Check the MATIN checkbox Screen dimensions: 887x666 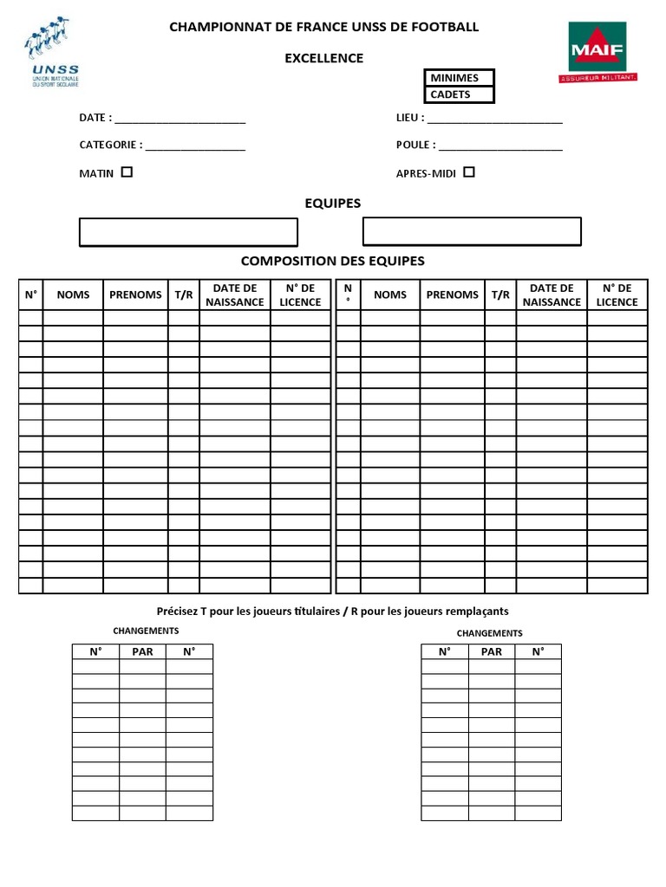click(x=127, y=172)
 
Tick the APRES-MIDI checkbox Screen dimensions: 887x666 click(x=469, y=172)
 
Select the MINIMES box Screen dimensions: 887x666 click(x=459, y=78)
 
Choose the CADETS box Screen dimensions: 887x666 click(x=459, y=94)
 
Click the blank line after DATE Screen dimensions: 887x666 click(x=180, y=120)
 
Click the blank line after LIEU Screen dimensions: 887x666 click(x=494, y=120)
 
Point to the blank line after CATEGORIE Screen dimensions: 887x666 click(x=195, y=147)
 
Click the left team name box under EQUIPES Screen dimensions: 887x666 click(x=188, y=232)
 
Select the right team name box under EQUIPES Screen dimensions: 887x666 click(x=471, y=232)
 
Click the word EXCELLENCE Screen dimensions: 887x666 click(x=324, y=58)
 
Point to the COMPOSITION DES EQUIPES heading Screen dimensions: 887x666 click(x=332, y=261)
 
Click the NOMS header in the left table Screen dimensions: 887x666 click(x=73, y=295)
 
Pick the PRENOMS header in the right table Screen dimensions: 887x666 click(x=452, y=295)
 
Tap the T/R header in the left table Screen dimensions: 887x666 click(x=183, y=295)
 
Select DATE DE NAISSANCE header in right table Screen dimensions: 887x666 click(x=552, y=295)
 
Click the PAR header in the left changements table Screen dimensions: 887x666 click(x=142, y=651)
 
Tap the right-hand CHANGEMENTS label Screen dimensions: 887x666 click(x=489, y=633)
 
